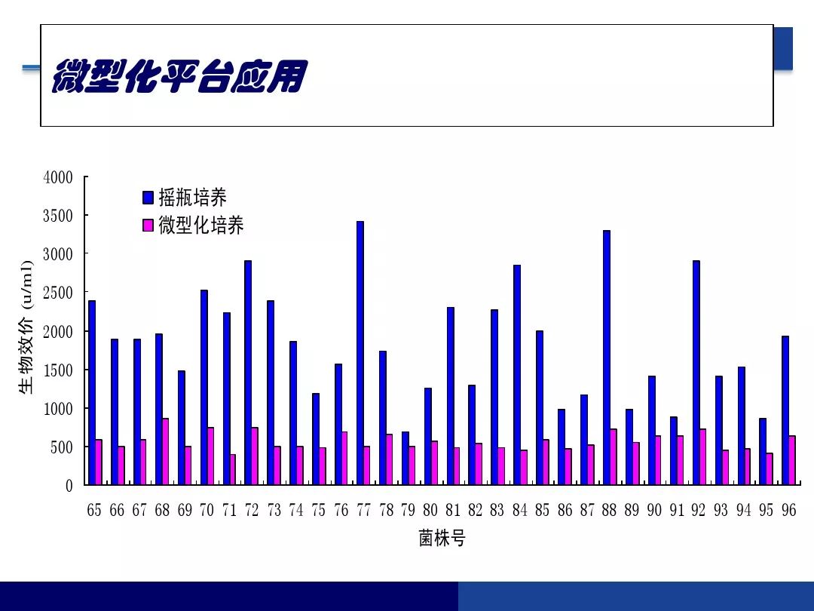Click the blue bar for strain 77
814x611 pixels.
coord(360,353)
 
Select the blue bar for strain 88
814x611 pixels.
coord(606,358)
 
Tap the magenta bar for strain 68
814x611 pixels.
coord(165,452)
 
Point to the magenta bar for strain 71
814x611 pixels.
coord(233,470)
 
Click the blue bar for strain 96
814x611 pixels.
coord(785,410)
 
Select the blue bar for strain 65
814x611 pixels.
coord(92,393)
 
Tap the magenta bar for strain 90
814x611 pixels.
coord(658,460)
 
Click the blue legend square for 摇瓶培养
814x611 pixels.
coord(148,198)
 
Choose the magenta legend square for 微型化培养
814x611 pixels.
coord(148,225)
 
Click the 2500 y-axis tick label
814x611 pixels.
coord(57,293)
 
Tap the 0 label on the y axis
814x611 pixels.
coord(69,486)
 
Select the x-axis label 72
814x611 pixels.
coord(251,510)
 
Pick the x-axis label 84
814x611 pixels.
coord(519,510)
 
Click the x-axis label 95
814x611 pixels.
coord(766,510)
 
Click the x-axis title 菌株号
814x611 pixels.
coord(442,539)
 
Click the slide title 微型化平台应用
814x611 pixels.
coord(180,76)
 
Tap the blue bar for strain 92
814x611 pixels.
coord(696,373)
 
